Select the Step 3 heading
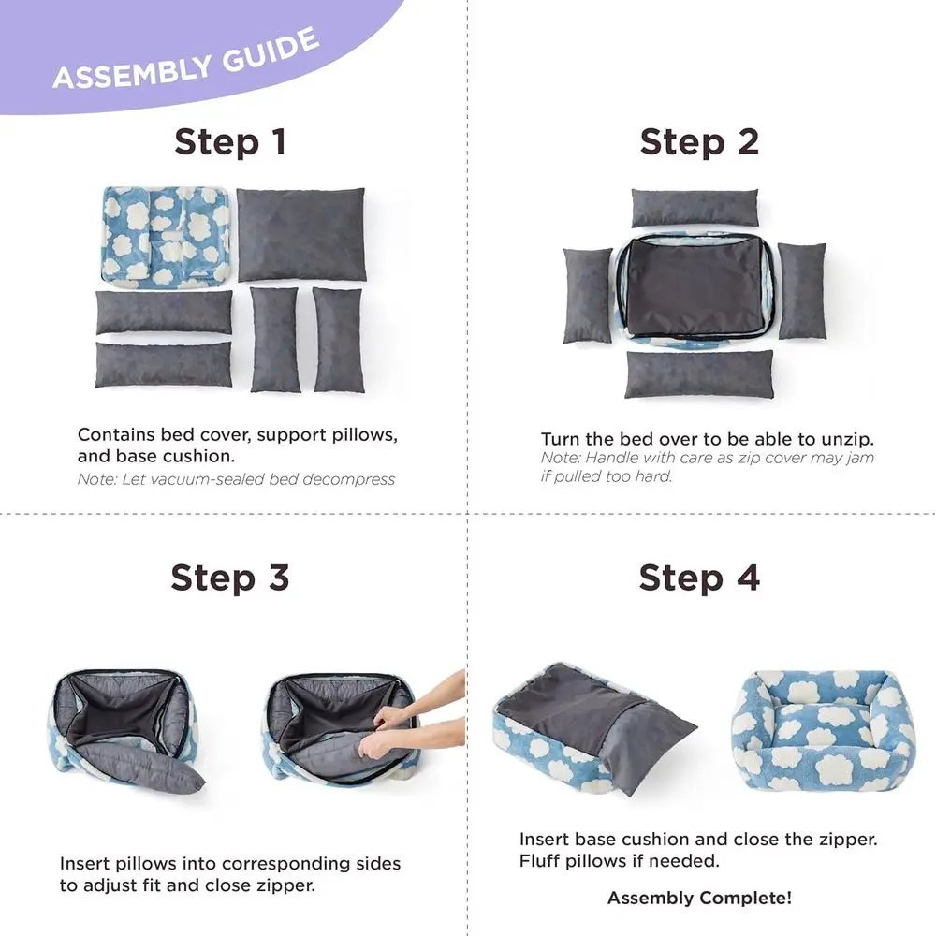click(x=230, y=578)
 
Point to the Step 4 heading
click(x=699, y=578)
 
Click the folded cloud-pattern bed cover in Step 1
click(x=165, y=236)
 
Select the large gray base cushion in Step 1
click(x=300, y=234)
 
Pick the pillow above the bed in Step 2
click(x=694, y=208)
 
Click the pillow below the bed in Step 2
click(x=699, y=373)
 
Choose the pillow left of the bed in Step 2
click(x=587, y=295)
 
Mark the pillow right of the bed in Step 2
click(x=802, y=290)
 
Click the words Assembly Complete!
click(x=699, y=899)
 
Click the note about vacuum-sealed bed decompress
click(x=236, y=479)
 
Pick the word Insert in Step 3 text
click(x=85, y=863)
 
